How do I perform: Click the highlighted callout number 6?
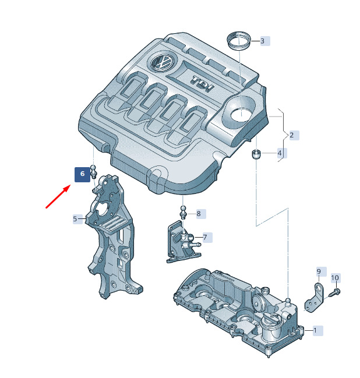(x=82, y=174)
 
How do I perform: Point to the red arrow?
(x=58, y=196)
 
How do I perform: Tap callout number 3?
(x=263, y=41)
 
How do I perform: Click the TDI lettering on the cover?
(x=202, y=84)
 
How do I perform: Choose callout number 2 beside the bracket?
(x=291, y=135)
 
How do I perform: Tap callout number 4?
(x=280, y=153)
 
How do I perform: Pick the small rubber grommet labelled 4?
(x=256, y=154)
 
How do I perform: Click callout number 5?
(x=75, y=219)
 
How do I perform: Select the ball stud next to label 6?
(x=93, y=171)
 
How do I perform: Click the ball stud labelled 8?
(x=183, y=211)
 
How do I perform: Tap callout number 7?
(x=205, y=238)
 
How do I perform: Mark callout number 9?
(x=319, y=271)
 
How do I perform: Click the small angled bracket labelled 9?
(x=315, y=298)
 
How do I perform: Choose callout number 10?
(x=335, y=278)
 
